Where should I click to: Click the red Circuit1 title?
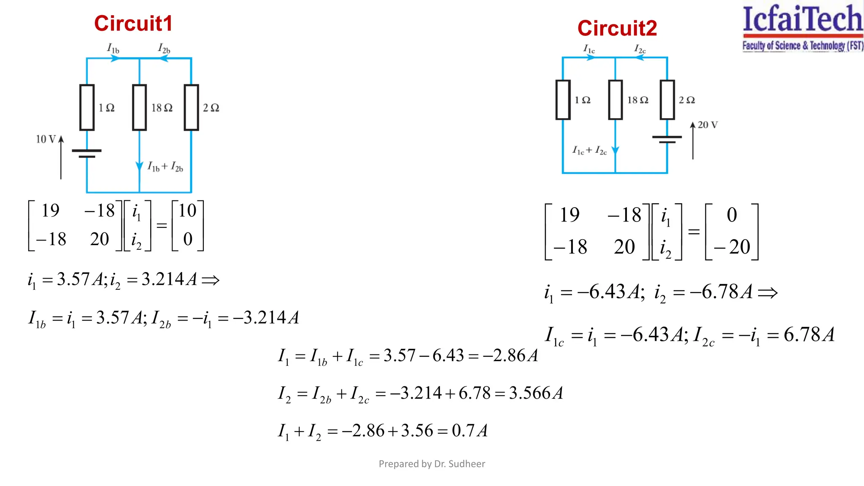point(133,24)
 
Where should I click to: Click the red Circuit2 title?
point(617,29)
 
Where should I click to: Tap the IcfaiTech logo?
point(802,28)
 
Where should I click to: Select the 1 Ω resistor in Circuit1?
point(87,108)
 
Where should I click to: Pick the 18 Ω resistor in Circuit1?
point(139,108)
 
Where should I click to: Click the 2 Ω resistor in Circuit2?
point(667,100)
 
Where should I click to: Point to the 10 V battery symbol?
point(87,153)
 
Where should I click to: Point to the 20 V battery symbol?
point(667,139)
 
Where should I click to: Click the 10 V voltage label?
point(46,139)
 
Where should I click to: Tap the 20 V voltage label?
point(707,125)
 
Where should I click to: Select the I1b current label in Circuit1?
point(113,49)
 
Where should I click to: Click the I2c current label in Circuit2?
point(640,49)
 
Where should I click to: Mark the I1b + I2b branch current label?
point(165,167)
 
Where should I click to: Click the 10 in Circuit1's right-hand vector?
point(187,211)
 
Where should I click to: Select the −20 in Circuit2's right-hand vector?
point(732,247)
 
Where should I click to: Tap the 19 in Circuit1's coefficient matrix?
point(51,211)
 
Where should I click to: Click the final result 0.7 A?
point(470,431)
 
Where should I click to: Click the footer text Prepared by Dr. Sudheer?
point(432,464)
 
